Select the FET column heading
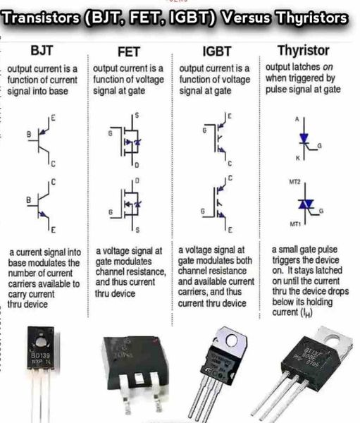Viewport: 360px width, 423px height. coord(127,53)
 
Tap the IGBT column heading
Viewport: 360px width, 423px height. coord(216,52)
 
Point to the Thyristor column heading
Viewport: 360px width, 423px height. coord(306,51)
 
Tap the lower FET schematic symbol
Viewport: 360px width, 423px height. coord(128,205)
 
